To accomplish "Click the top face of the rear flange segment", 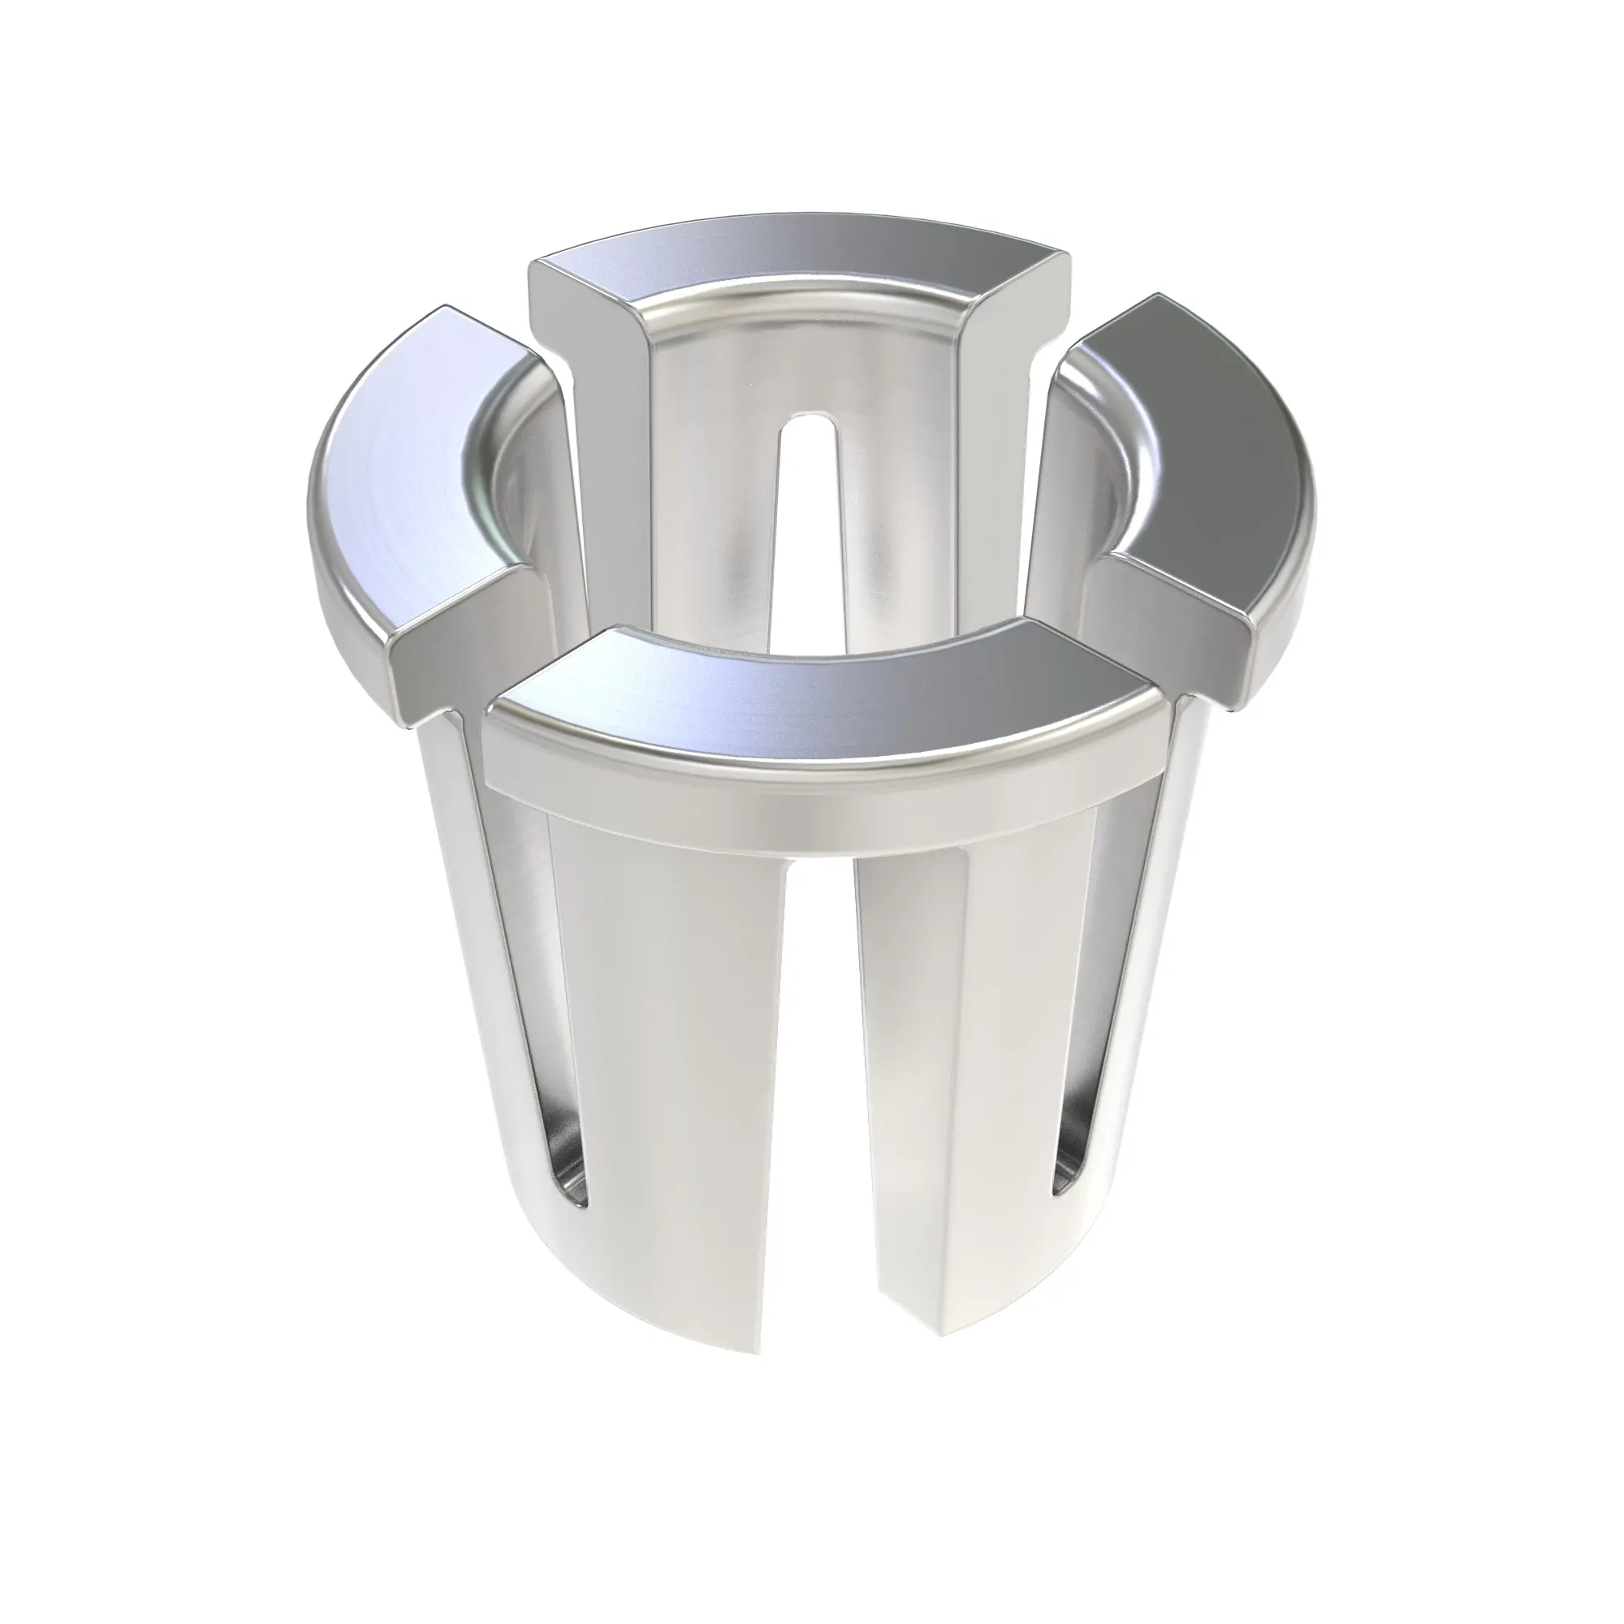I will [798, 253].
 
